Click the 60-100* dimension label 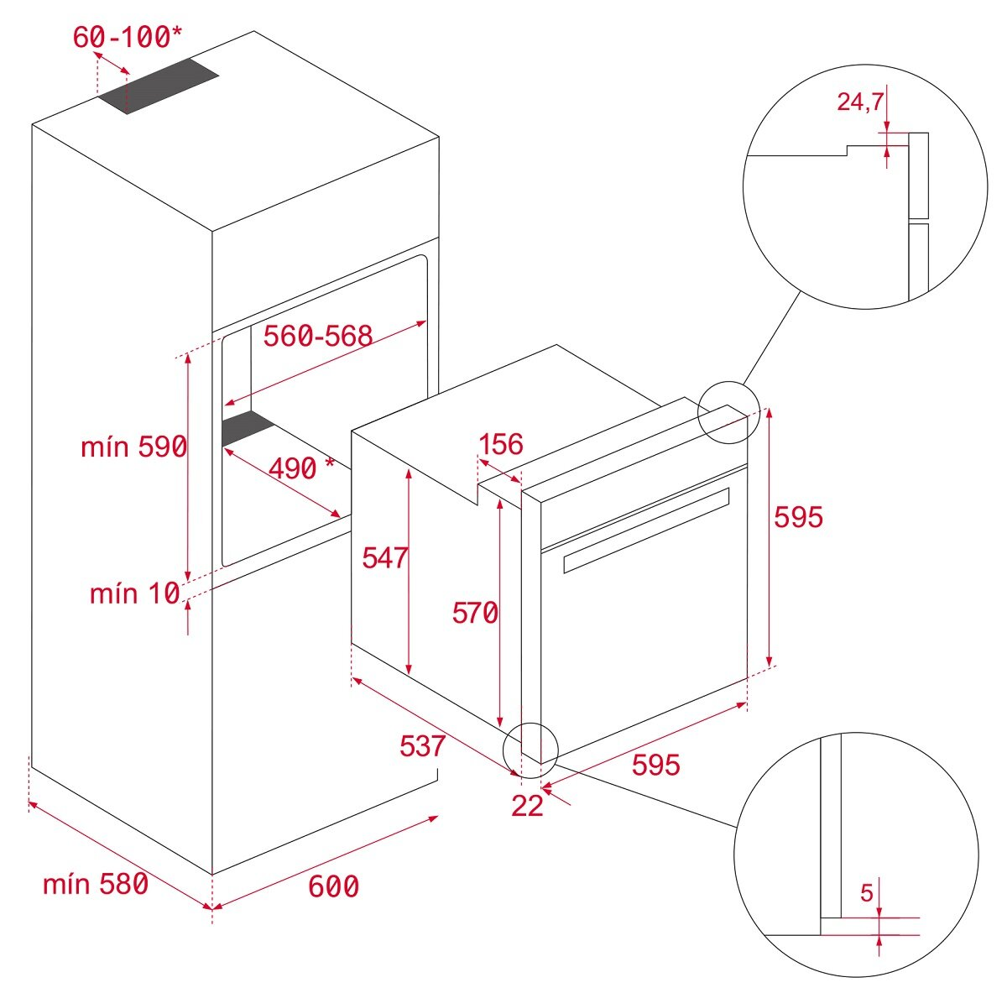127,37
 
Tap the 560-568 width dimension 317,336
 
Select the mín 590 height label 133,447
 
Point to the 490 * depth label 300,468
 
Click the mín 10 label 134,593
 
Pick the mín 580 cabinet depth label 95,883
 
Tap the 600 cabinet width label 333,886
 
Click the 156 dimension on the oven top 500,444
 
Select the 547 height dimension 384,557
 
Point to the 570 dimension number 475,614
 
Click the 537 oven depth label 422,745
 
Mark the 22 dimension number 527,806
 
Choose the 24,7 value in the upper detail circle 860,102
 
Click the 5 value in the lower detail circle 867,893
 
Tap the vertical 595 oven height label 798,517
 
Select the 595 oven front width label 655,765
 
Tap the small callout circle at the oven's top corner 728,411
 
